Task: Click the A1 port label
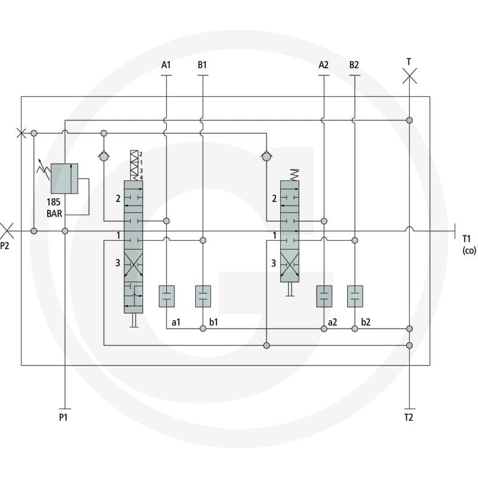(x=166, y=65)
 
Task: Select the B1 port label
(x=202, y=65)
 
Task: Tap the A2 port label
(x=323, y=65)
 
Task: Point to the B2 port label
(x=354, y=65)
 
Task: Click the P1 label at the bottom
(x=63, y=417)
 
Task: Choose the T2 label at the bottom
(x=409, y=417)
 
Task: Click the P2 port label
(x=5, y=246)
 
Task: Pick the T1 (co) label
(x=469, y=244)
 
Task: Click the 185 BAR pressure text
(x=54, y=208)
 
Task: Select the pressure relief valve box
(x=65, y=179)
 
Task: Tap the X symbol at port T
(x=409, y=76)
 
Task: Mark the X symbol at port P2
(x=7, y=231)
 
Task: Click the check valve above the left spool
(x=104, y=156)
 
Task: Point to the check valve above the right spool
(x=266, y=156)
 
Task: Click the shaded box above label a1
(x=167, y=296)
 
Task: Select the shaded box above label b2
(x=355, y=296)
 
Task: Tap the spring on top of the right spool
(x=295, y=174)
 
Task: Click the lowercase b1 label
(x=213, y=322)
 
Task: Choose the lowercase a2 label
(x=332, y=322)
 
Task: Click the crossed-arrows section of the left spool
(x=133, y=263)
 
